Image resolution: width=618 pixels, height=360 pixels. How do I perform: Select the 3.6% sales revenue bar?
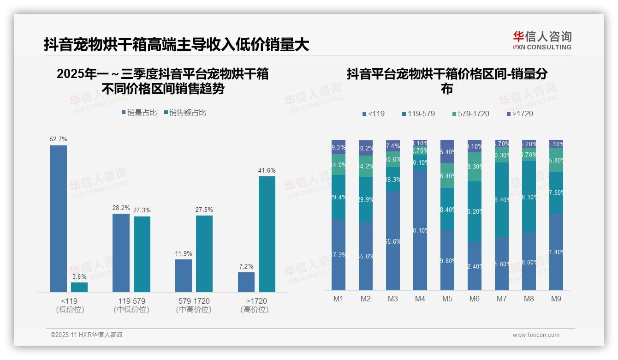click(79, 287)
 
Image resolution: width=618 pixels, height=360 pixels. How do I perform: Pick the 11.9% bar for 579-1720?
click(184, 276)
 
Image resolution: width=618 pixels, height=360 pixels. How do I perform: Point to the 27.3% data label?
click(142, 210)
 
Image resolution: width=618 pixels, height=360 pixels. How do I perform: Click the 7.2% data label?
click(246, 266)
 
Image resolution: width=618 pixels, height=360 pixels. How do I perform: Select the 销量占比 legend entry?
click(140, 113)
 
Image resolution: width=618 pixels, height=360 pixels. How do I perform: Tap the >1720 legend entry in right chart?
click(520, 114)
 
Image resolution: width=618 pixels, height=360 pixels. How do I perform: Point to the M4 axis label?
click(420, 299)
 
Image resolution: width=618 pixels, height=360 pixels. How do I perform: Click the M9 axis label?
click(556, 299)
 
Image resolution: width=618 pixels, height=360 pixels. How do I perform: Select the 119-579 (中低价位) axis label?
click(131, 305)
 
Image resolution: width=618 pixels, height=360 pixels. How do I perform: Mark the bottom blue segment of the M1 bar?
click(339, 254)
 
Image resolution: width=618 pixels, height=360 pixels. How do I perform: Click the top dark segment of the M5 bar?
click(447, 151)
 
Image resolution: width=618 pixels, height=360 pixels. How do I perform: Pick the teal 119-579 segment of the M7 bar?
click(502, 199)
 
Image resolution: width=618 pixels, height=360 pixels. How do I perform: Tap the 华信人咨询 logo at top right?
click(542, 40)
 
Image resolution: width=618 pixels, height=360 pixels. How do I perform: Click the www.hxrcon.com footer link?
click(536, 335)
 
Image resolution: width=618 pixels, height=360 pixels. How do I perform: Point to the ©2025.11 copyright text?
click(86, 335)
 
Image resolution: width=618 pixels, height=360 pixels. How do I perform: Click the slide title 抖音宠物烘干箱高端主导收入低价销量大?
click(176, 45)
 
